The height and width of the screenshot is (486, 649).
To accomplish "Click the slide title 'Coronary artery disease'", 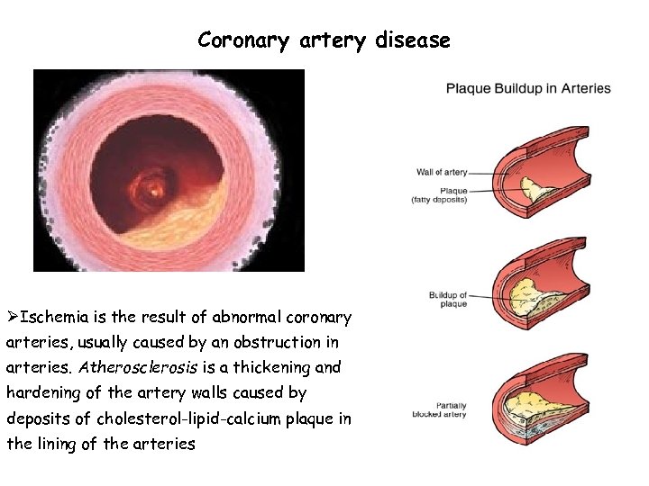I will [x=324, y=40].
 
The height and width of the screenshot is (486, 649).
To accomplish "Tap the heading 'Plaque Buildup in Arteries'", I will [x=528, y=89].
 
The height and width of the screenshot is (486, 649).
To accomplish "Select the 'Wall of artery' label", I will [x=443, y=172].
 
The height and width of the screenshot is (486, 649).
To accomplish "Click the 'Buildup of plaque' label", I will [x=449, y=300].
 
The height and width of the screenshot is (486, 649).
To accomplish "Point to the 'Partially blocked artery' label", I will [x=439, y=409].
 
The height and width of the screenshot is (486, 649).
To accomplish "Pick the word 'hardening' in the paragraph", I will [x=42, y=393].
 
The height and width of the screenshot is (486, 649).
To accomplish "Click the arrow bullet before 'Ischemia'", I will [x=13, y=318].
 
